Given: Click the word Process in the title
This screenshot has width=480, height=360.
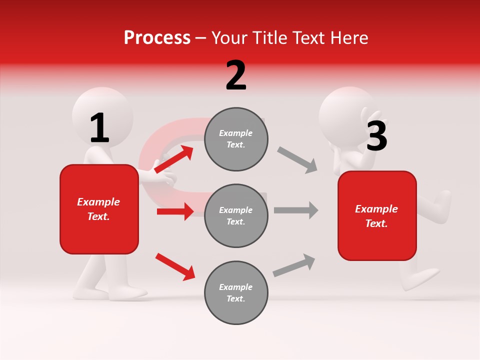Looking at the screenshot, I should click(x=157, y=38).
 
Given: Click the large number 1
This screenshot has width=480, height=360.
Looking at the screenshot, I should click(x=99, y=128).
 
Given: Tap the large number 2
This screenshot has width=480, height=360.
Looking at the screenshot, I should click(x=236, y=75).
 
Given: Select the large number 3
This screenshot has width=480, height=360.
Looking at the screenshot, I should click(x=376, y=136).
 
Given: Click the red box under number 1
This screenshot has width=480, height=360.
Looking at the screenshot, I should click(x=99, y=209).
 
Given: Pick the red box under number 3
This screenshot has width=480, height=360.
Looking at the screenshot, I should click(x=377, y=215).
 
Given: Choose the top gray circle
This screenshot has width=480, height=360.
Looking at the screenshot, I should click(x=236, y=139).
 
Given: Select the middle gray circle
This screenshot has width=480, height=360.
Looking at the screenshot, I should click(x=236, y=215).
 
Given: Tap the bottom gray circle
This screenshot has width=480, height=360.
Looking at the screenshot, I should click(x=236, y=292).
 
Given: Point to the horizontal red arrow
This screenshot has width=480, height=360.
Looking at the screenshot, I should click(x=175, y=211).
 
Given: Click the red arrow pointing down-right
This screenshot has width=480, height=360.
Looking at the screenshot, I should click(x=175, y=266).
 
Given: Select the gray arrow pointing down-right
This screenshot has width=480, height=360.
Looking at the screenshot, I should click(x=297, y=160).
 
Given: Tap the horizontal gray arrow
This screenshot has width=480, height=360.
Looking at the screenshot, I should click(x=296, y=210).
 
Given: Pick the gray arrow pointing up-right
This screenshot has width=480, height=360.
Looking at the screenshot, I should click(x=294, y=265).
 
